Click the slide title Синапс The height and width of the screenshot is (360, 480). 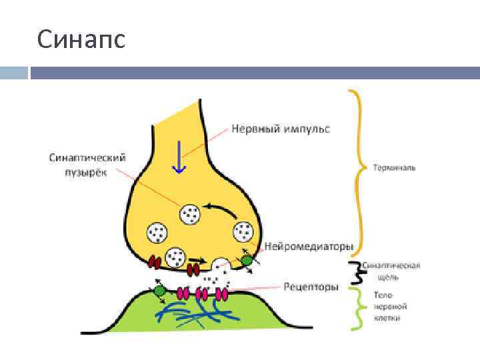click(x=81, y=41)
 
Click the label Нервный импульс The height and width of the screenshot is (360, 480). click(x=281, y=127)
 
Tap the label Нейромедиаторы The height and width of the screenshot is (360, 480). click(x=309, y=247)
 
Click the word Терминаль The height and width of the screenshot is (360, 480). click(x=394, y=167)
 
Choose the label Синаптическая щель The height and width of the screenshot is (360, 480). click(x=391, y=270)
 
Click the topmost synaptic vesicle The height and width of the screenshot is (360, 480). click(x=189, y=214)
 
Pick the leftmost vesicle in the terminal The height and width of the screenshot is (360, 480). click(x=159, y=232)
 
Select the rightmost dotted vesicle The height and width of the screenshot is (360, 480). click(x=242, y=232)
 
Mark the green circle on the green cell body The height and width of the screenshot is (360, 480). click(x=159, y=291)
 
